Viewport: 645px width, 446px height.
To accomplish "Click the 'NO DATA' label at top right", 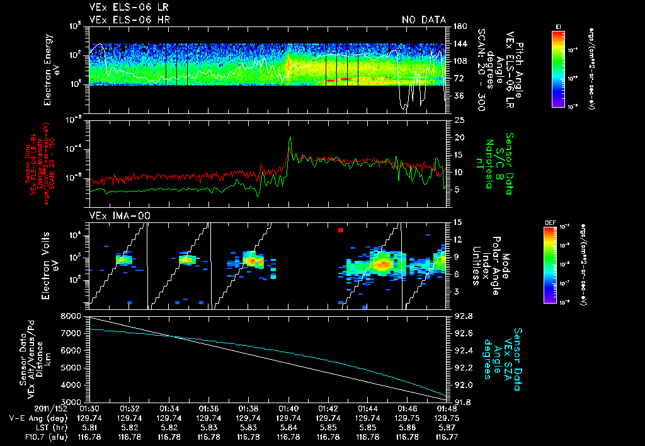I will [423, 20].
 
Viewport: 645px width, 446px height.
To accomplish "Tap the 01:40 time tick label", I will [288, 408].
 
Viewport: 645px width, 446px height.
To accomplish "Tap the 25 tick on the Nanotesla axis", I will [459, 120].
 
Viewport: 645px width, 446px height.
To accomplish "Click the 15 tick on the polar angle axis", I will [459, 222].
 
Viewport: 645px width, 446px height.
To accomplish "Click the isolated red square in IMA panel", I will [341, 231].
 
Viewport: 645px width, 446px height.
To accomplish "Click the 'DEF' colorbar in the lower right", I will [558, 265].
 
